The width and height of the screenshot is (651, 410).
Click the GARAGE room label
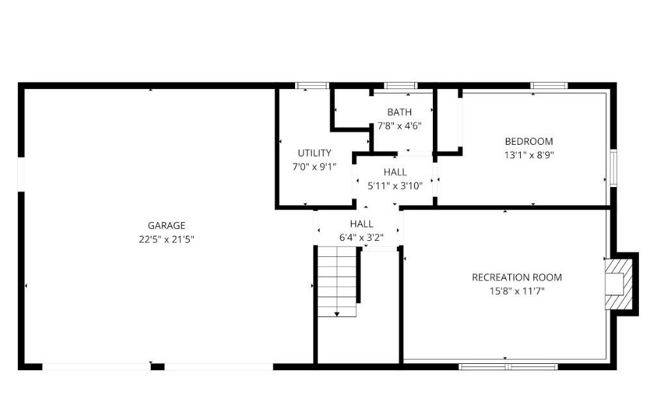click(x=167, y=225)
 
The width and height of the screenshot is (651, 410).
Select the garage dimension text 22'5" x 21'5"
click(x=167, y=239)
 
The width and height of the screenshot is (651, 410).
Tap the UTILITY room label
click(x=314, y=153)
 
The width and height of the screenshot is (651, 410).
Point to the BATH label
click(x=400, y=112)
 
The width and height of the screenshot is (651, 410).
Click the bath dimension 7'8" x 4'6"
click(x=400, y=126)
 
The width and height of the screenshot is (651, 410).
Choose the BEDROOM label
click(x=529, y=142)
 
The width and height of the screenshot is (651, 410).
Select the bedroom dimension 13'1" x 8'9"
click(x=529, y=155)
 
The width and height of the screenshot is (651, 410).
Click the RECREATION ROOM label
click(x=517, y=277)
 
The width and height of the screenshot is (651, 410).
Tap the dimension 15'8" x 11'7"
click(x=517, y=291)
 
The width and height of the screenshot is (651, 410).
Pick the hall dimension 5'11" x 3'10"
click(x=395, y=186)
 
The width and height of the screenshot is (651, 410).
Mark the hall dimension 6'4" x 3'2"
click(x=361, y=238)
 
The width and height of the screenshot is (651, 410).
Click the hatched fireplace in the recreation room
click(x=619, y=284)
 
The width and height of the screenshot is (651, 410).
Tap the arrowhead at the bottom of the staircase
click(x=337, y=315)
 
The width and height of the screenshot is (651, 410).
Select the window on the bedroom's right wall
click(x=613, y=168)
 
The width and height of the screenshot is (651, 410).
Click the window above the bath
click(x=401, y=86)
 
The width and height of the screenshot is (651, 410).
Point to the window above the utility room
click(x=312, y=86)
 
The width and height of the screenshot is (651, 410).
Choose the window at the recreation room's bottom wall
click(x=508, y=366)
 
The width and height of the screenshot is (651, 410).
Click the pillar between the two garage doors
click(x=157, y=366)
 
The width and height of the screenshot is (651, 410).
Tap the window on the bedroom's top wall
click(x=549, y=86)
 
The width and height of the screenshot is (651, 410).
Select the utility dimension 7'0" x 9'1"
click(x=314, y=167)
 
